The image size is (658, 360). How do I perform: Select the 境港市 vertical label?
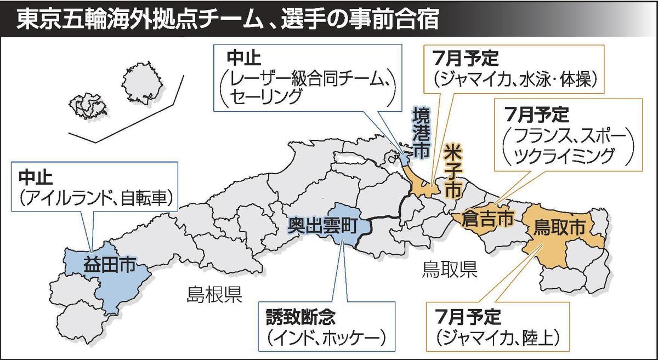[421, 133]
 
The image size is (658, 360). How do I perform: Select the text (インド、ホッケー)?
[323, 337]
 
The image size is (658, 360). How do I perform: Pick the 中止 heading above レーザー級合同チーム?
[239, 57]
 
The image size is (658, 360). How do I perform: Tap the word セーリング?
[264, 96]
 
